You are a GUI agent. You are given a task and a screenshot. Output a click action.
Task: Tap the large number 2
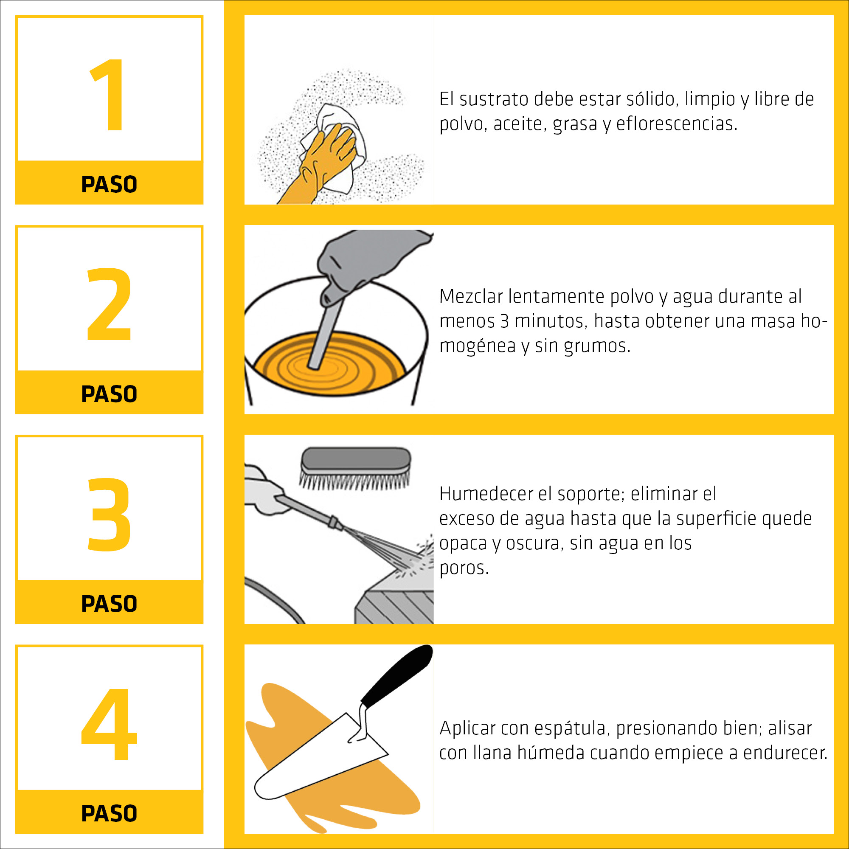pyautogui.click(x=109, y=304)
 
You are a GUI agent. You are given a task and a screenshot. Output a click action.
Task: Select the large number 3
pyautogui.click(x=109, y=514)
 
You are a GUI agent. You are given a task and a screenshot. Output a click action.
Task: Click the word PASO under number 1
pyautogui.click(x=109, y=184)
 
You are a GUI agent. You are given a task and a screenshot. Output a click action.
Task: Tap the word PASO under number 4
pyautogui.click(x=109, y=813)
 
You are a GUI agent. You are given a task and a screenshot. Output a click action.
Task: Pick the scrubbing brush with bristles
pyautogui.click(x=355, y=468)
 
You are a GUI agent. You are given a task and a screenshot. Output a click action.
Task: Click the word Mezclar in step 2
pyautogui.click(x=471, y=297)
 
